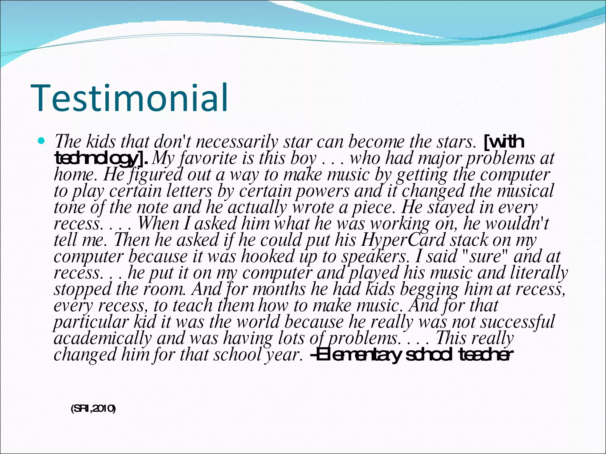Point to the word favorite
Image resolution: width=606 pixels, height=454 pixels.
209,158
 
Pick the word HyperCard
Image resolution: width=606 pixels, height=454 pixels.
403,240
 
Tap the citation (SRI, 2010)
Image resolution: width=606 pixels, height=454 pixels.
93,409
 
